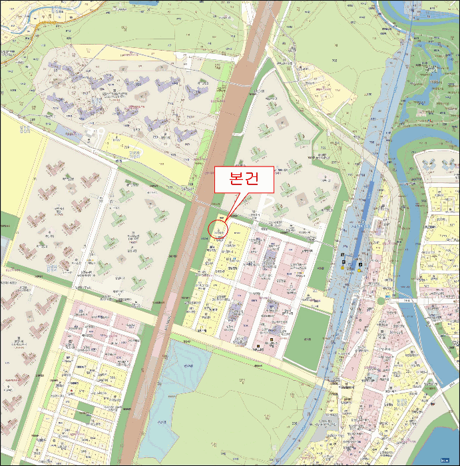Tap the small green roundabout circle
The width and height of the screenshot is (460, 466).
pyautogui.click(x=381, y=300)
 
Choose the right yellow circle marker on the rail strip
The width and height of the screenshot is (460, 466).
pyautogui.click(x=359, y=270)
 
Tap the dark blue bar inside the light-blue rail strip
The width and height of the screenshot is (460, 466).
pyautogui.click(x=363, y=220)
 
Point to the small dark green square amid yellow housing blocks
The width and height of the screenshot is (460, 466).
pyautogui.click(x=84, y=407)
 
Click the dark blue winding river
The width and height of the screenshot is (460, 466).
pyautogui.click(x=413, y=133)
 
